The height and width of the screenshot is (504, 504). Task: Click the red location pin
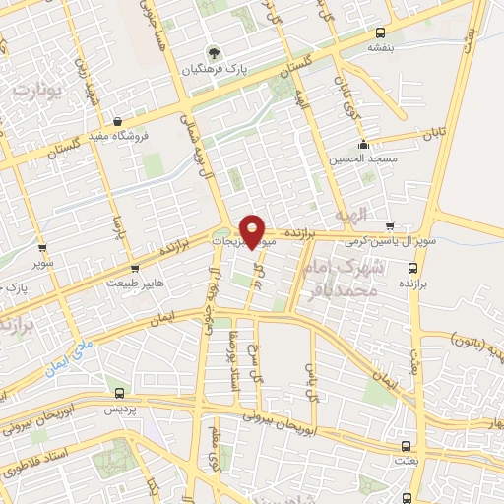(x=253, y=231)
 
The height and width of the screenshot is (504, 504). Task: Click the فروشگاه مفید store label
(x=117, y=136)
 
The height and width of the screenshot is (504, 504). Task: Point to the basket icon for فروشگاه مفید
(x=117, y=120)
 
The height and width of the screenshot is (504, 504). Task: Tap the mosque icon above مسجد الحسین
(x=364, y=144)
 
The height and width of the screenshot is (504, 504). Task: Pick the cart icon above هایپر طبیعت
(x=135, y=268)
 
